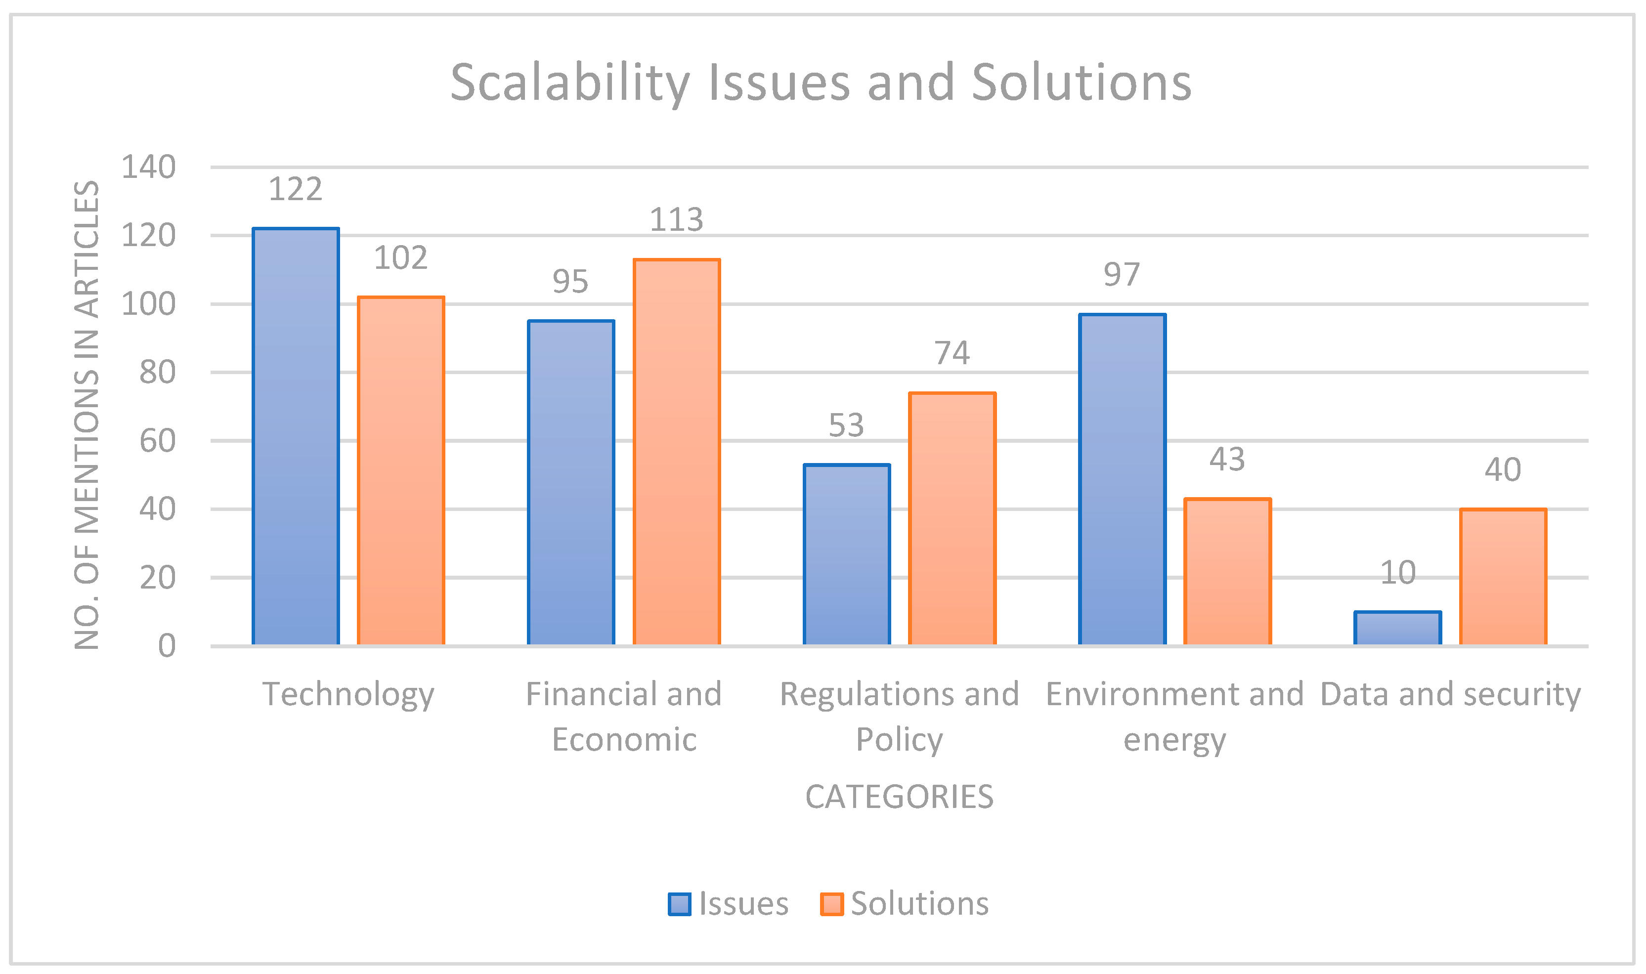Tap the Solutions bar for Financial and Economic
(676, 452)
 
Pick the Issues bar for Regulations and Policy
(847, 554)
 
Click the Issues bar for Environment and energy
(1122, 480)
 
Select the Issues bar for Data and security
(1398, 628)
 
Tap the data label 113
(676, 220)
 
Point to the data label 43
(1227, 460)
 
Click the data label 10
(1397, 573)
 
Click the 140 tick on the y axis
(148, 168)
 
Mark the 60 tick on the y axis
(158, 441)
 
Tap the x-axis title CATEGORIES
(899, 797)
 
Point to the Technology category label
(348, 694)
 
